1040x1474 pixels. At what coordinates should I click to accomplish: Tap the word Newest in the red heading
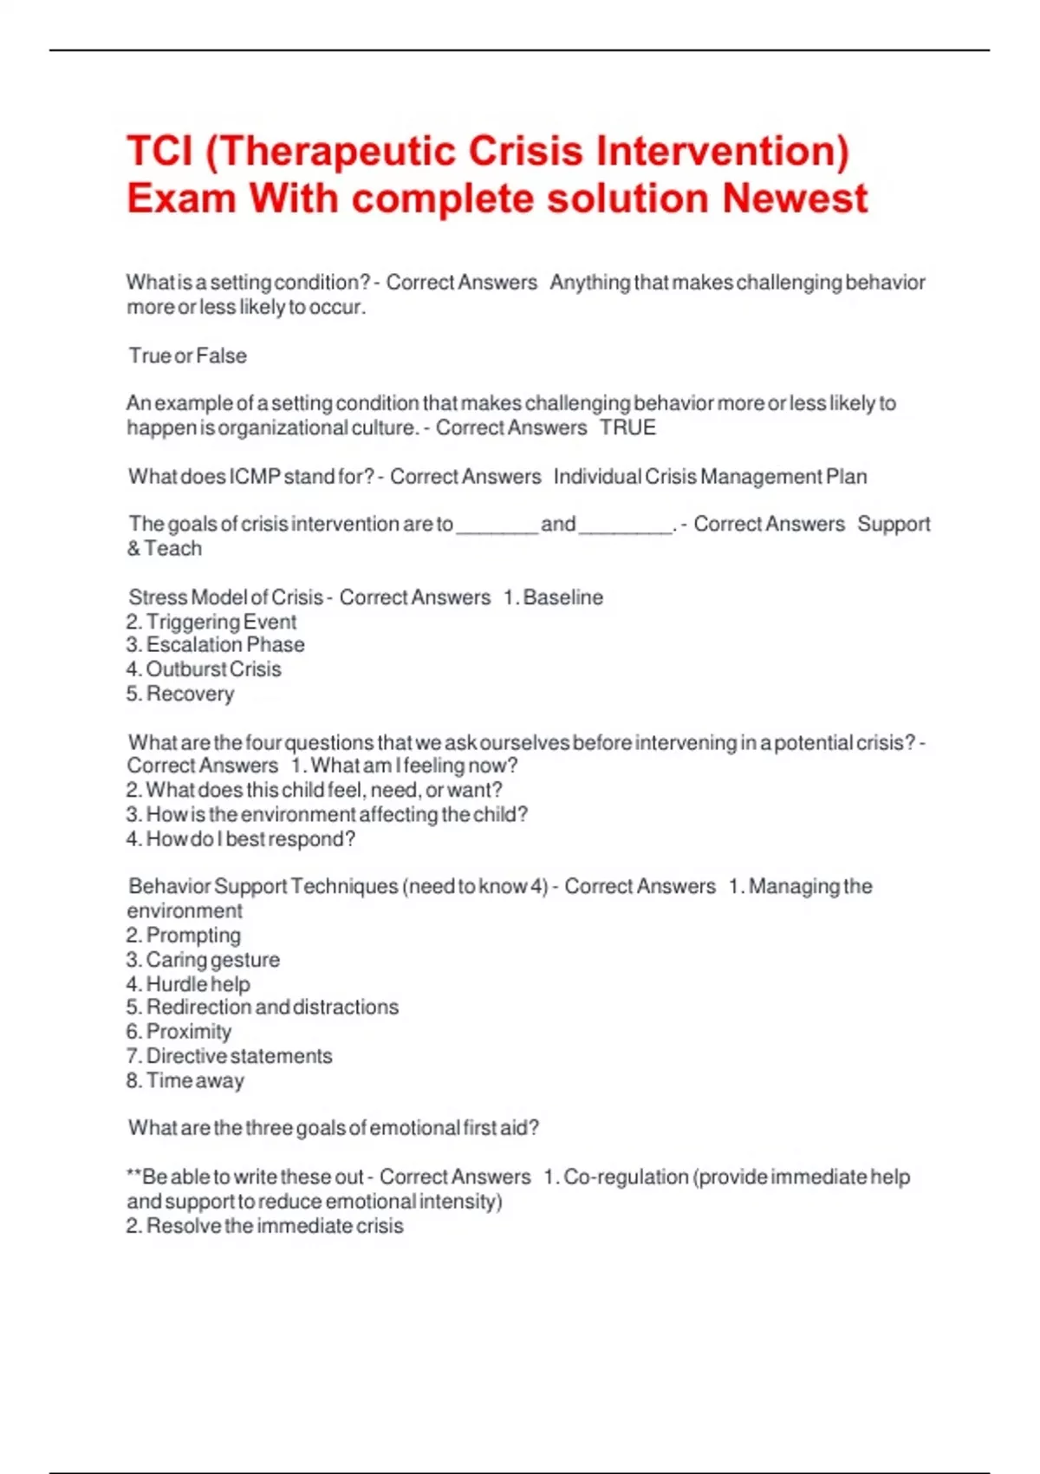(795, 199)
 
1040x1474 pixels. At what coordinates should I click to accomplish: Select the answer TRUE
(627, 427)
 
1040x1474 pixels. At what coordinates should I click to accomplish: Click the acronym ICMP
(255, 476)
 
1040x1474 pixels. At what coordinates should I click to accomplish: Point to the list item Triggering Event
(221, 622)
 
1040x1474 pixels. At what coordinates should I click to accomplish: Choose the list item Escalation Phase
(225, 644)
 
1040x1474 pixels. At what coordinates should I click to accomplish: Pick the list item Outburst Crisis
(213, 669)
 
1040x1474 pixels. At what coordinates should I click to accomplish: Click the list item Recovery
(190, 694)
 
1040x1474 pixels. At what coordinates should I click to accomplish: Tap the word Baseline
(562, 597)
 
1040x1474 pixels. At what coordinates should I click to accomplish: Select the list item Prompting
(193, 935)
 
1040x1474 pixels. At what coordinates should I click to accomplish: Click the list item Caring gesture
(212, 960)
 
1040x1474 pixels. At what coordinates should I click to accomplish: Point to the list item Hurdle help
(198, 984)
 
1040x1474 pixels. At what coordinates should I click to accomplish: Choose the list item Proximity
(189, 1032)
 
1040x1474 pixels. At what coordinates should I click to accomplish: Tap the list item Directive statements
(239, 1056)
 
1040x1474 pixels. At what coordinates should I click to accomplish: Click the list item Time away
(195, 1080)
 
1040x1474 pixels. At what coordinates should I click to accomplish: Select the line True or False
(188, 355)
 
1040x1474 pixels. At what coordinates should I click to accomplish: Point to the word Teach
(173, 548)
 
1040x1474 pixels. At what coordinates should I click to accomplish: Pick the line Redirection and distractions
(272, 1007)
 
